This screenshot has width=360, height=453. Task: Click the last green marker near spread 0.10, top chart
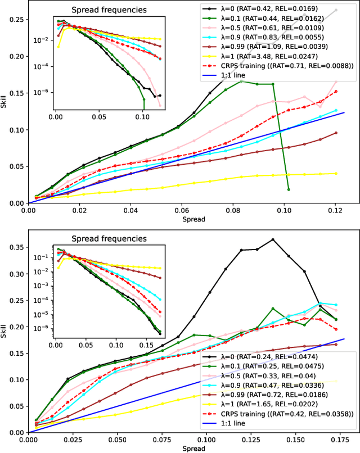tap(288, 189)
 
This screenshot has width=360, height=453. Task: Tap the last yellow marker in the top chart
tap(336, 173)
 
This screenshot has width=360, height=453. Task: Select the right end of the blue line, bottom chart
tap(344, 339)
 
